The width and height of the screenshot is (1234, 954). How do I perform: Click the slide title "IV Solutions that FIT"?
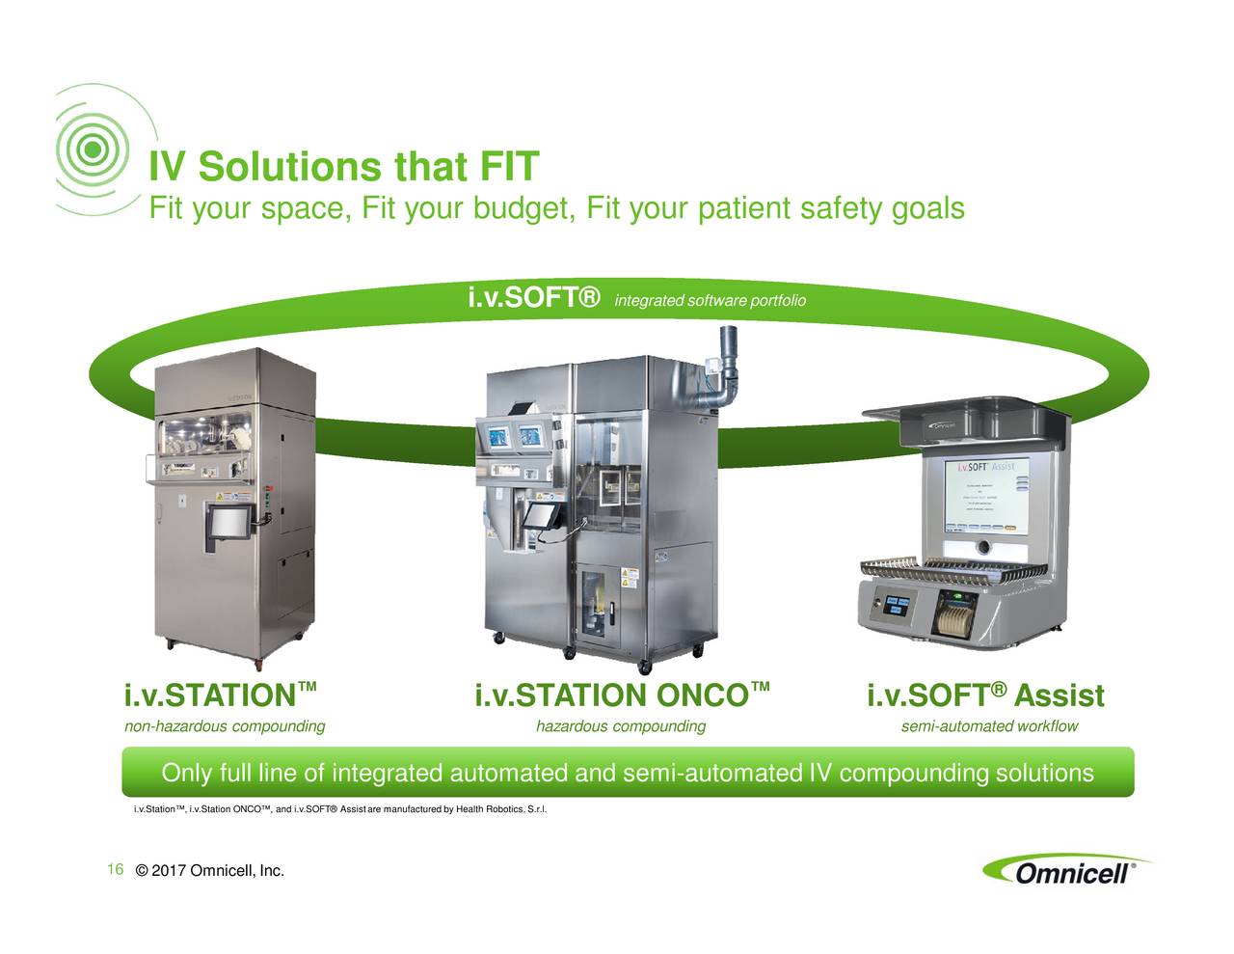342,167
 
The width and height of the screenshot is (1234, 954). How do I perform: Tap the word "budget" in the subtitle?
520,208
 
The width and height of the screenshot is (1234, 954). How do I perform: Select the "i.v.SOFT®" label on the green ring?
534,298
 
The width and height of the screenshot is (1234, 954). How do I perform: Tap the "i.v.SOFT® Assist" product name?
985,695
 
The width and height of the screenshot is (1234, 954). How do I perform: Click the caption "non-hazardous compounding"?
225,726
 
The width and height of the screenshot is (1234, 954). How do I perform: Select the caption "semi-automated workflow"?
989,726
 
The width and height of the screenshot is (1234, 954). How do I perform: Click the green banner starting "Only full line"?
628,774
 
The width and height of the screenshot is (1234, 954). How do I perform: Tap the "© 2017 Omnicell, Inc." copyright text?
211,873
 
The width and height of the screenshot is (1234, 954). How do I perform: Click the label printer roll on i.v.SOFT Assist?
951,617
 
